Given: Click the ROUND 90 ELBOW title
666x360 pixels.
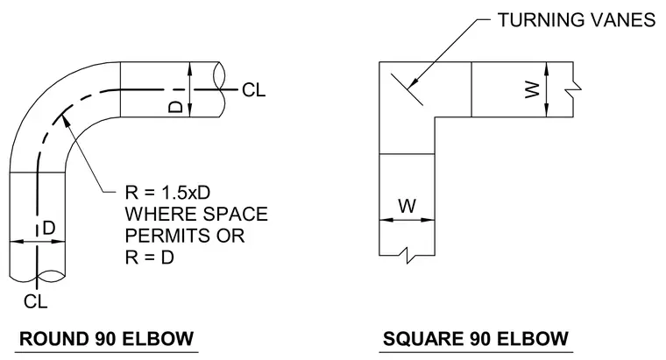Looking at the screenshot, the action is (107, 339).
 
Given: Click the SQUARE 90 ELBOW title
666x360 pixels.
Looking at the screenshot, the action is (476, 339).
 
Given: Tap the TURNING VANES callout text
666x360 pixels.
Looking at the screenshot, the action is (577, 20).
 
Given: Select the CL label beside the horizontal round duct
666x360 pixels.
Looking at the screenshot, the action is (253, 90).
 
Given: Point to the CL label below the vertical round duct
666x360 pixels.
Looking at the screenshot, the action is (35, 302).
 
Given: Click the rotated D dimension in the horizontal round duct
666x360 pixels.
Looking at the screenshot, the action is (175, 107).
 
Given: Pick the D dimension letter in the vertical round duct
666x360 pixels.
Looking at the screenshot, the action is (49, 229).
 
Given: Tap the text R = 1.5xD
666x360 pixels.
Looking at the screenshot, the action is (167, 193).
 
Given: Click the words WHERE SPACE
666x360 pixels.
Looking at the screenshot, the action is (196, 214).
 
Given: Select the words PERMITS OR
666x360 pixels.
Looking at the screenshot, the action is (185, 236).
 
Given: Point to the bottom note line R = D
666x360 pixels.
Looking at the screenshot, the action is (150, 258).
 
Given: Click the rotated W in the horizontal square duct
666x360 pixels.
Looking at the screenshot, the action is (532, 90).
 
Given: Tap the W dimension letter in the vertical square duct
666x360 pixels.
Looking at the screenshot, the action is (407, 206).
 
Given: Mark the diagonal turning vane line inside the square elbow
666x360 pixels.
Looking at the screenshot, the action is (407, 89).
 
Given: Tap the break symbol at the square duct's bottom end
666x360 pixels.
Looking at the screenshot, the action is (407, 255).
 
